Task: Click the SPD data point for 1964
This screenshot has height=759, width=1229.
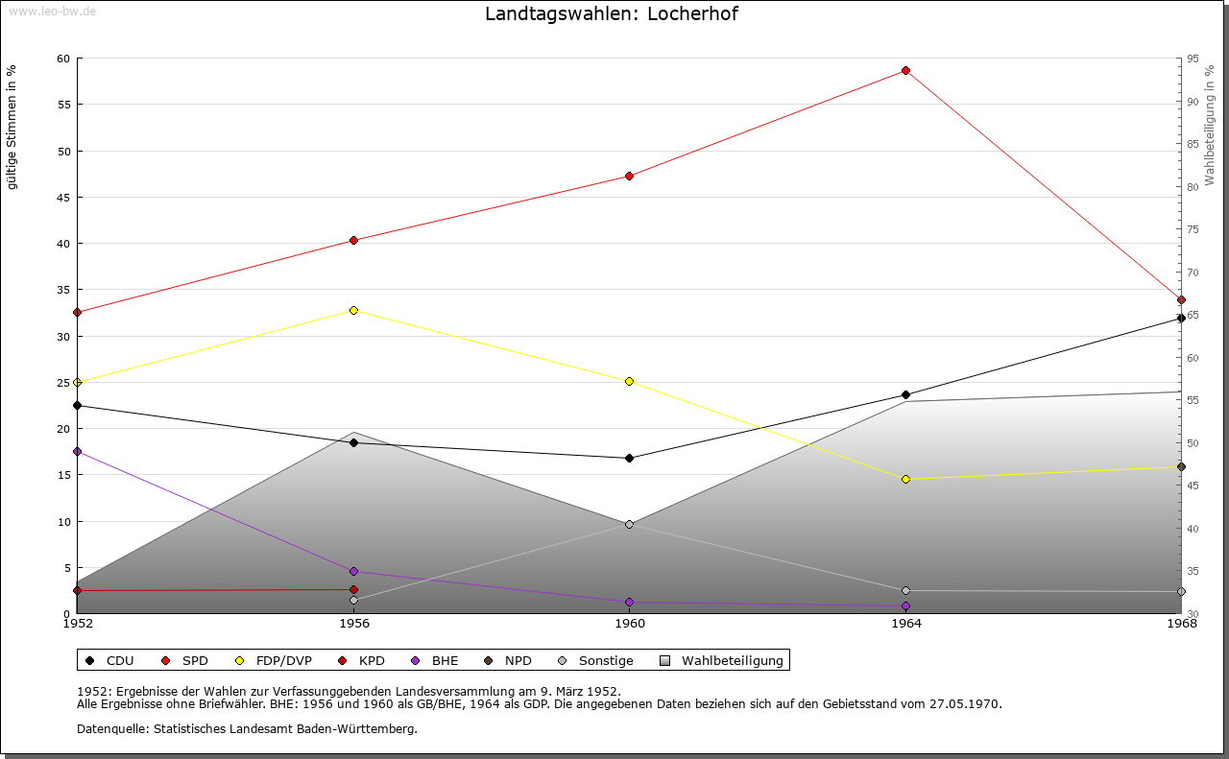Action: [905, 71]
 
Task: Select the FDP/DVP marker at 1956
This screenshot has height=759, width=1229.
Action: [353, 310]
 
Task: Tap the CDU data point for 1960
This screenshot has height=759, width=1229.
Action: [629, 458]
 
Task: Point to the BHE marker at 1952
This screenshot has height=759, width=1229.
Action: [77, 451]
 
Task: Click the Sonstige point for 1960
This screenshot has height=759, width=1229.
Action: [629, 524]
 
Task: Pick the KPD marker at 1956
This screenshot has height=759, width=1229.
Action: [353, 589]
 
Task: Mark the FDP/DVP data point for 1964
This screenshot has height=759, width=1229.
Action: [905, 479]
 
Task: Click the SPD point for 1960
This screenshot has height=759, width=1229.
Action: [629, 176]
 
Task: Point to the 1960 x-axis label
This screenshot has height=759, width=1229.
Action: [629, 624]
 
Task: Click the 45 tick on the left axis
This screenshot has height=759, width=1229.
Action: [63, 198]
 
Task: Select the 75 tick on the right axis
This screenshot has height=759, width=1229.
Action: [1192, 229]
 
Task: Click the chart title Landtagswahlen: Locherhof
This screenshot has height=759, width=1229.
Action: [612, 13]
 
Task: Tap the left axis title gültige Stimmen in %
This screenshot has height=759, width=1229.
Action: [12, 127]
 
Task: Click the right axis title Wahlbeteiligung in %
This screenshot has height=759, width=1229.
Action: [1209, 125]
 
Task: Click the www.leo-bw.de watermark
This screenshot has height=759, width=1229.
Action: [51, 11]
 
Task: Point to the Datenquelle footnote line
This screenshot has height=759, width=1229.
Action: [247, 728]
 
